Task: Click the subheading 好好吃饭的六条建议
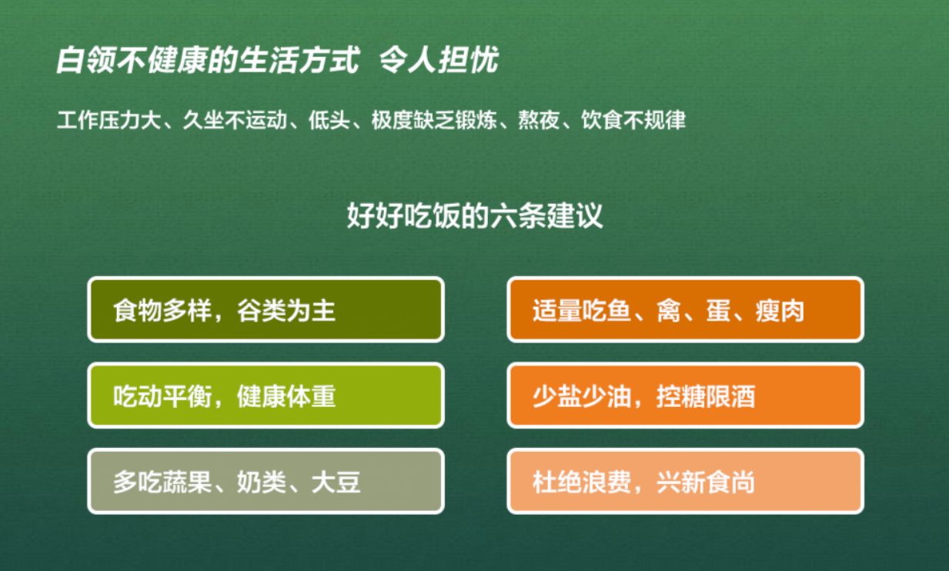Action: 474,216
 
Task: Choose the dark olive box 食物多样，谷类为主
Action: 266,309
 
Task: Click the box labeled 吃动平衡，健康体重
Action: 266,396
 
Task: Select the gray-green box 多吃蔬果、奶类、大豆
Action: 266,482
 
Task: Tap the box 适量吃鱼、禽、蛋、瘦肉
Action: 685,309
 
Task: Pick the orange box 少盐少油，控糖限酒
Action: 685,396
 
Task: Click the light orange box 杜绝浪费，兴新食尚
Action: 685,482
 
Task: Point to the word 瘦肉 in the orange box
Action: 780,311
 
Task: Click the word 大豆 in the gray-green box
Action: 336,483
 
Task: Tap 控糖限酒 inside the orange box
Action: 706,396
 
